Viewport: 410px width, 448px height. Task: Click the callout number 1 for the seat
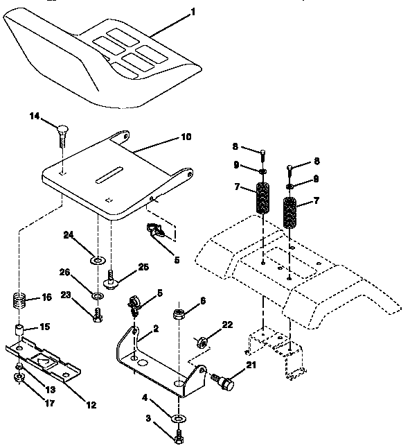coord(193,12)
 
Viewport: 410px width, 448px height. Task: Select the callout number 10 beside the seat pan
coord(186,138)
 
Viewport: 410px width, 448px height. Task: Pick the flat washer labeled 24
coord(98,261)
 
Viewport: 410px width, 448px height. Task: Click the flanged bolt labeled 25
coord(110,282)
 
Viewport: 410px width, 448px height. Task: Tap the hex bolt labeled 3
coord(179,438)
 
